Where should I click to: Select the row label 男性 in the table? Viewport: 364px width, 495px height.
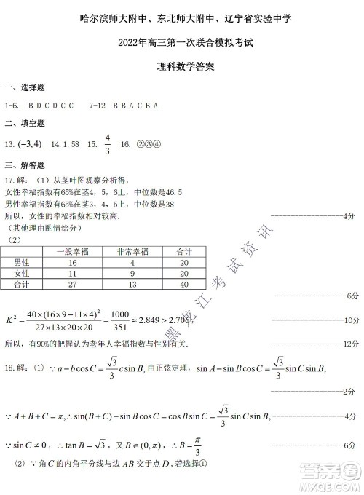coord(22,262)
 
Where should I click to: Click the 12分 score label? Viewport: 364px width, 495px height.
coord(351,343)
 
